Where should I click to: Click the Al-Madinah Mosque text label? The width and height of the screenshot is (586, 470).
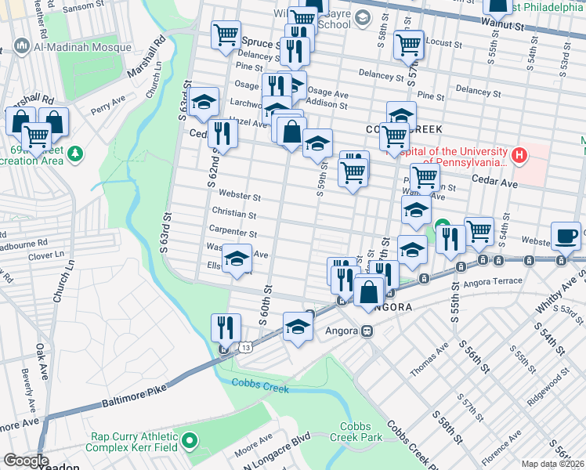(81, 47)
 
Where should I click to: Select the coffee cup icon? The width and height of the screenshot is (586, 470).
(566, 235)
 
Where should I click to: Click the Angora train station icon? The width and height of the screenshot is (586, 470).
(366, 331)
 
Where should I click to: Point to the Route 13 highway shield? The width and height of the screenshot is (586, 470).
(246, 346)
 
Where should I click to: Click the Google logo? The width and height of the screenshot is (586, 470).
(26, 461)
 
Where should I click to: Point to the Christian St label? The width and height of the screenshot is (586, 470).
(233, 214)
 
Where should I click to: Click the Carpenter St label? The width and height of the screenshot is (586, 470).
(233, 233)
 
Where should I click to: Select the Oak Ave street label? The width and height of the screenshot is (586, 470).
(41, 353)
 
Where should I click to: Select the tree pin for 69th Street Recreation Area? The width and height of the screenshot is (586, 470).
(75, 154)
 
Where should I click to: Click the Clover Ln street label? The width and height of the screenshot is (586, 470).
(45, 255)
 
